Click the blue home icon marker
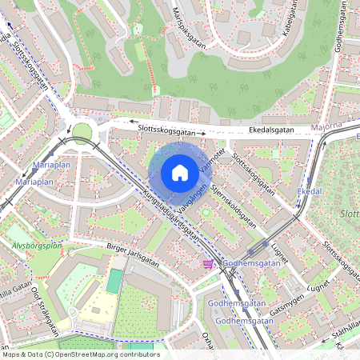pyautogui.click(x=180, y=172)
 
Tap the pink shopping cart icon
pyautogui.click(x=208, y=264)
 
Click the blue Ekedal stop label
pyautogui.click(x=309, y=192)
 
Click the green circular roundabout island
pyautogui.click(x=82, y=131)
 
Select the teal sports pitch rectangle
pyautogui.click(x=115, y=280)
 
